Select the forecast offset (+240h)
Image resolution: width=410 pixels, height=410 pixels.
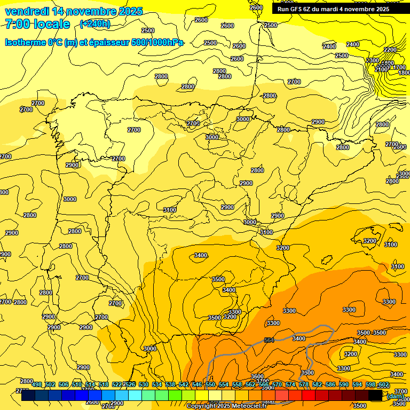click(95, 24)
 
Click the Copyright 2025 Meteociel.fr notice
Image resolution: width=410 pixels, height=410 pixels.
click(226, 406)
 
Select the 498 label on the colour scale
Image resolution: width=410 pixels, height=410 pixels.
click(37, 385)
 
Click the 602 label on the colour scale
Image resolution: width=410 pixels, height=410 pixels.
click(383, 385)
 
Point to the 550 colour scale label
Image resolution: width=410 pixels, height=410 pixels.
click(210, 385)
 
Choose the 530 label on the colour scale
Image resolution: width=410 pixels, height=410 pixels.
click(144, 385)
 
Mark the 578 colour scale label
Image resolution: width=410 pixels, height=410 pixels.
click(304, 385)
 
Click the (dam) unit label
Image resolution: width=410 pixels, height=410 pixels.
click(395, 396)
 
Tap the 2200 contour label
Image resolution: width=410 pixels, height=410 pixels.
click(390, 50)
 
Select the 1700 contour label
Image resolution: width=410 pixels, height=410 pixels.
click(399, 68)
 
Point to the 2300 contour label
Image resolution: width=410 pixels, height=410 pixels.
click(373, 60)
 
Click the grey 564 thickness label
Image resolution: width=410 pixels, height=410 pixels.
click(269, 340)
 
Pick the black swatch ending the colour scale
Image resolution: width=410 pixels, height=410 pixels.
click(375, 395)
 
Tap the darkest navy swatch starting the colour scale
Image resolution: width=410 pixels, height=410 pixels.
click(28, 395)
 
